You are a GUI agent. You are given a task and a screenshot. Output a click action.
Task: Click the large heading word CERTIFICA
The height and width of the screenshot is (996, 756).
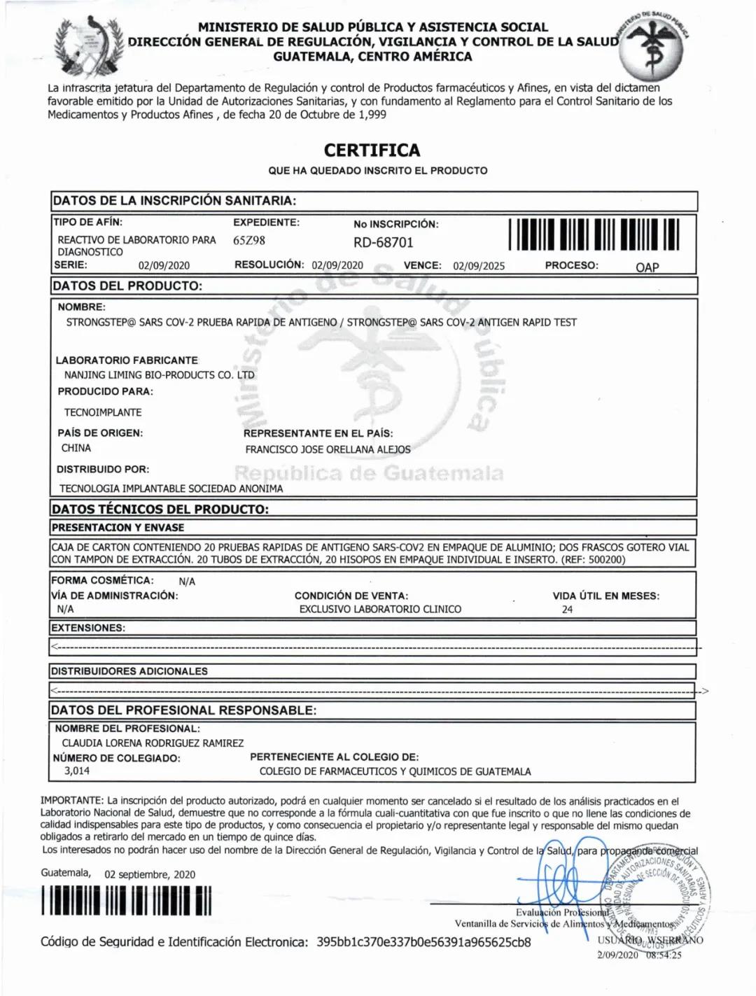click(x=372, y=150)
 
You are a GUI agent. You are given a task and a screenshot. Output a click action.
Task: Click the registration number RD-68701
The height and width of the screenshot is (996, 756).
click(x=383, y=242)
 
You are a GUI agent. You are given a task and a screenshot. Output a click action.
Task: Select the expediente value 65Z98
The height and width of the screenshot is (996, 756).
click(x=249, y=241)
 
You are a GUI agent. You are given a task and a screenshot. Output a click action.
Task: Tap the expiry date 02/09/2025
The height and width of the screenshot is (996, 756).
click(x=479, y=266)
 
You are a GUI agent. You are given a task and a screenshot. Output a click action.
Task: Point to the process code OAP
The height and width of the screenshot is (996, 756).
click(x=647, y=267)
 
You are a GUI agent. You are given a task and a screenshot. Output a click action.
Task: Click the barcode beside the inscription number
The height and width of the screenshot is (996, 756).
click(x=594, y=234)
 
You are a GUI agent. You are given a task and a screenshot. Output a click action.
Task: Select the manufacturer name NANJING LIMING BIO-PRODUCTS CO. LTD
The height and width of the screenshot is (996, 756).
click(x=160, y=375)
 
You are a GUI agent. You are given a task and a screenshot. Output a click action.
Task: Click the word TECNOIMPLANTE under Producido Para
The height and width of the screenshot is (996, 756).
click(x=103, y=412)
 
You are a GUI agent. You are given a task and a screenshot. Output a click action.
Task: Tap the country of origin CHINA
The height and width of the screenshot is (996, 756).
click(x=76, y=448)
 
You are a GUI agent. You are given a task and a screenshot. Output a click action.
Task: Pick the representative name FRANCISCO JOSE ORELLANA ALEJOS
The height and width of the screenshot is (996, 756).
click(x=328, y=449)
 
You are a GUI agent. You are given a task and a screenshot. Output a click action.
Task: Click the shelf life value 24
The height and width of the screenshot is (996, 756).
click(x=567, y=610)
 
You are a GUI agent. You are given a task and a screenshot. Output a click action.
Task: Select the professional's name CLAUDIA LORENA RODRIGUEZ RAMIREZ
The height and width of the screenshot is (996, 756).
click(x=153, y=743)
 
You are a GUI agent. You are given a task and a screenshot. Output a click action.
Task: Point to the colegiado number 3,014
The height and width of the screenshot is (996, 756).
click(x=77, y=771)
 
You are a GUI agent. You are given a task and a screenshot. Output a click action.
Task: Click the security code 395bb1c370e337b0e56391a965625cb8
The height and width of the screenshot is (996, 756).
click(x=423, y=942)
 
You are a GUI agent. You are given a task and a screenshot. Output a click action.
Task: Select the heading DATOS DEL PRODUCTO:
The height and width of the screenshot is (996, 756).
click(x=127, y=286)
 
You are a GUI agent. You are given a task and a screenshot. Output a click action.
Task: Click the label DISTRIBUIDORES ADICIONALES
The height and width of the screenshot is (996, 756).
click(x=129, y=671)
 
